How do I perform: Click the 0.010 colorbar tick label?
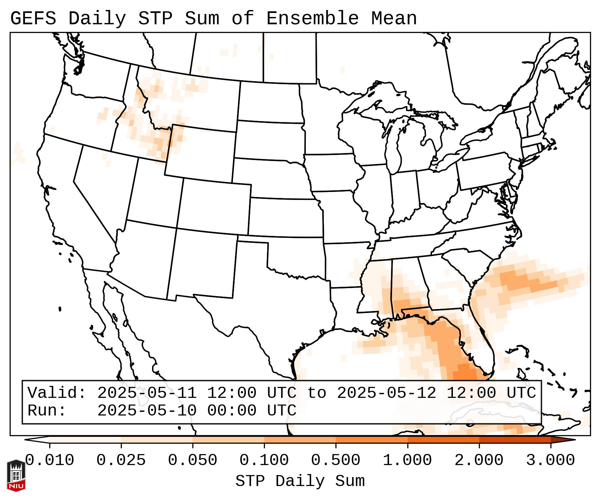pyautogui.click(x=50, y=460)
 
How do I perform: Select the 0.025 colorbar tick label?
pyautogui.click(x=121, y=460)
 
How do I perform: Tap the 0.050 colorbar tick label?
pyautogui.click(x=193, y=460)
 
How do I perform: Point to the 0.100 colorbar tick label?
pyautogui.click(x=264, y=460)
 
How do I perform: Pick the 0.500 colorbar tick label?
pyautogui.click(x=336, y=460)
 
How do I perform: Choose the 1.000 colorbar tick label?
pyautogui.click(x=407, y=460)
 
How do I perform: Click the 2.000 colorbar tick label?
pyautogui.click(x=479, y=460)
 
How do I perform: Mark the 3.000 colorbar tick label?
pyautogui.click(x=550, y=460)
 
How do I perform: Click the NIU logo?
pyautogui.click(x=16, y=475)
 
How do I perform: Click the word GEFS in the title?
pyautogui.click(x=33, y=18)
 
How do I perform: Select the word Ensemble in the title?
pyautogui.click(x=312, y=18)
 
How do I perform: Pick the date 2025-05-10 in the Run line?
pyautogui.click(x=147, y=411)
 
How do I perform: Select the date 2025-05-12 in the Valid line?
pyautogui.click(x=387, y=393)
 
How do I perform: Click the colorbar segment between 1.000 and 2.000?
pyautogui.click(x=443, y=440)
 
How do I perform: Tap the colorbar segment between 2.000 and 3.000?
pyautogui.click(x=515, y=440)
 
